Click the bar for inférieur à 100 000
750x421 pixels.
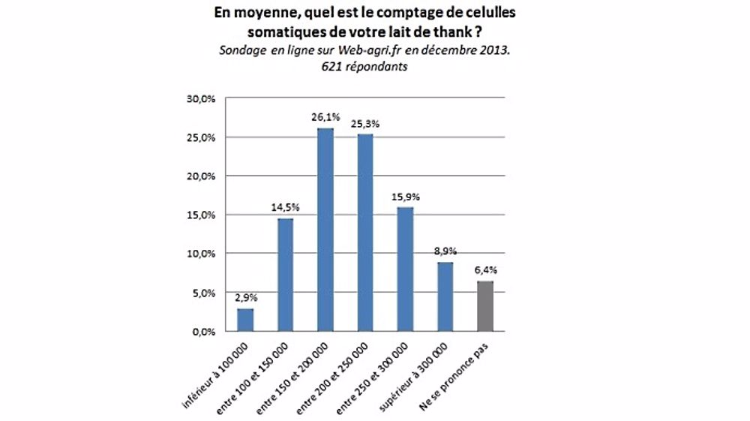[245, 320]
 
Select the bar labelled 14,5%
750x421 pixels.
[286, 275]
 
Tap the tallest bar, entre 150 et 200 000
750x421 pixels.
[325, 230]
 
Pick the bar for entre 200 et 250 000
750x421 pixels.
[365, 233]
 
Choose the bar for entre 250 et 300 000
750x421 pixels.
[406, 269]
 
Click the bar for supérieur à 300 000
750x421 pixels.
[445, 296]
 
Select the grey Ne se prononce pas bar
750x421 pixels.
[486, 306]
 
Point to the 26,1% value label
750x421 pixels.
[325, 117]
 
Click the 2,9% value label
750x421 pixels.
[246, 298]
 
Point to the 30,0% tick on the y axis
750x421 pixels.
[202, 99]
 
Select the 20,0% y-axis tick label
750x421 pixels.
[202, 176]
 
